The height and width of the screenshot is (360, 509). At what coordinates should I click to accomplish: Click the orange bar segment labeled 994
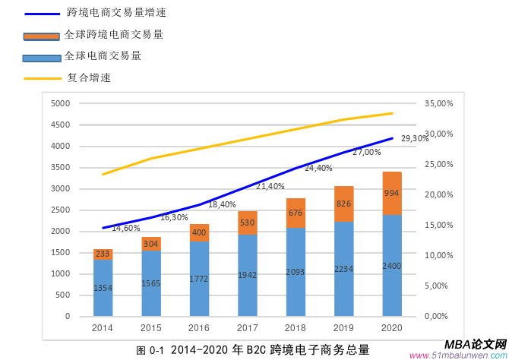coord(392,194)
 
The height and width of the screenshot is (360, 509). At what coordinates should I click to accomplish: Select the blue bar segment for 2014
coord(103,287)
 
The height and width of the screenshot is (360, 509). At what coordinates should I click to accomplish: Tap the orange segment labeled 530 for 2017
coord(248,223)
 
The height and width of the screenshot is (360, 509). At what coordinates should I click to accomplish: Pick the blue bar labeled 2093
coord(296,272)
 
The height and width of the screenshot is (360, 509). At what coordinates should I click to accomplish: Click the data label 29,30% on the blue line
coord(415,138)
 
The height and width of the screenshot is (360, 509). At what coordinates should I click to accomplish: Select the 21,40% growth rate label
coord(270,186)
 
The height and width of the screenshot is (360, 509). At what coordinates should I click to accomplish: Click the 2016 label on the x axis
coord(199,327)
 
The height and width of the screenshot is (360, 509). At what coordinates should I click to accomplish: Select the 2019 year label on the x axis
coord(343,327)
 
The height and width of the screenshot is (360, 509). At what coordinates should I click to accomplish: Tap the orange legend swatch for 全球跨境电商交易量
coord(41,36)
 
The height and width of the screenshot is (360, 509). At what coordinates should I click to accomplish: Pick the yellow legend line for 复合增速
coord(41,77)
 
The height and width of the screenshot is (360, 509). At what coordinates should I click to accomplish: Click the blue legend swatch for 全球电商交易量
coord(41,57)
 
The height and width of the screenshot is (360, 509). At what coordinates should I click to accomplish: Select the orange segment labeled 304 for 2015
coord(151,244)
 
